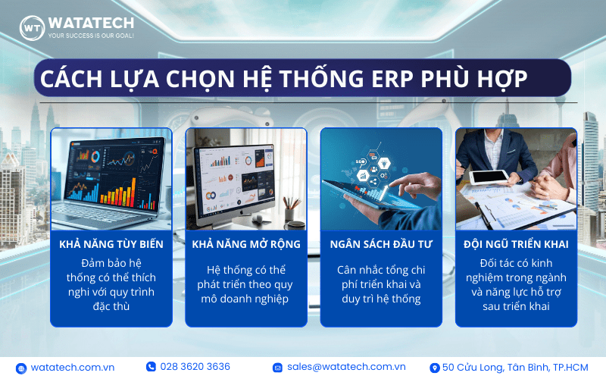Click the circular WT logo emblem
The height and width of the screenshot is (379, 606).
[x=32, y=28]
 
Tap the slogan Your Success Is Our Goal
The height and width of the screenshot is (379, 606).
[x=91, y=36]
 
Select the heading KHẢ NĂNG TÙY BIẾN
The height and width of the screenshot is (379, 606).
[x=111, y=244]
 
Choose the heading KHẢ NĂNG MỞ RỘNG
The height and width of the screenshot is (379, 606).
[x=246, y=244]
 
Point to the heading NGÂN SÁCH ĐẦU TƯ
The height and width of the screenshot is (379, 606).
[x=381, y=244]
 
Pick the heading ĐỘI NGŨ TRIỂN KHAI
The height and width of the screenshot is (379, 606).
[x=516, y=244]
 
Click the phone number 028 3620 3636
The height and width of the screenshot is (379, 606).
[x=195, y=367]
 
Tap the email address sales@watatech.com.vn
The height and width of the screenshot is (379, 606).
[x=346, y=367]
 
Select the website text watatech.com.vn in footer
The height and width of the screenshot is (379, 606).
[x=73, y=368]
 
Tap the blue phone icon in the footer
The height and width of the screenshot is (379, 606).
[x=151, y=367]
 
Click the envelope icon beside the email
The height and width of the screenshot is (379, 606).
[x=277, y=368]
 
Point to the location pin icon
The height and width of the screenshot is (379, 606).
[x=435, y=368]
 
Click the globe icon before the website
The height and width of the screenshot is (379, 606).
[x=21, y=368]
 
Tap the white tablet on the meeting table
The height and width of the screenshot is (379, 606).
[x=489, y=177]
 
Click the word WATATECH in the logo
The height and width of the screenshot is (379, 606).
[x=91, y=23]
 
